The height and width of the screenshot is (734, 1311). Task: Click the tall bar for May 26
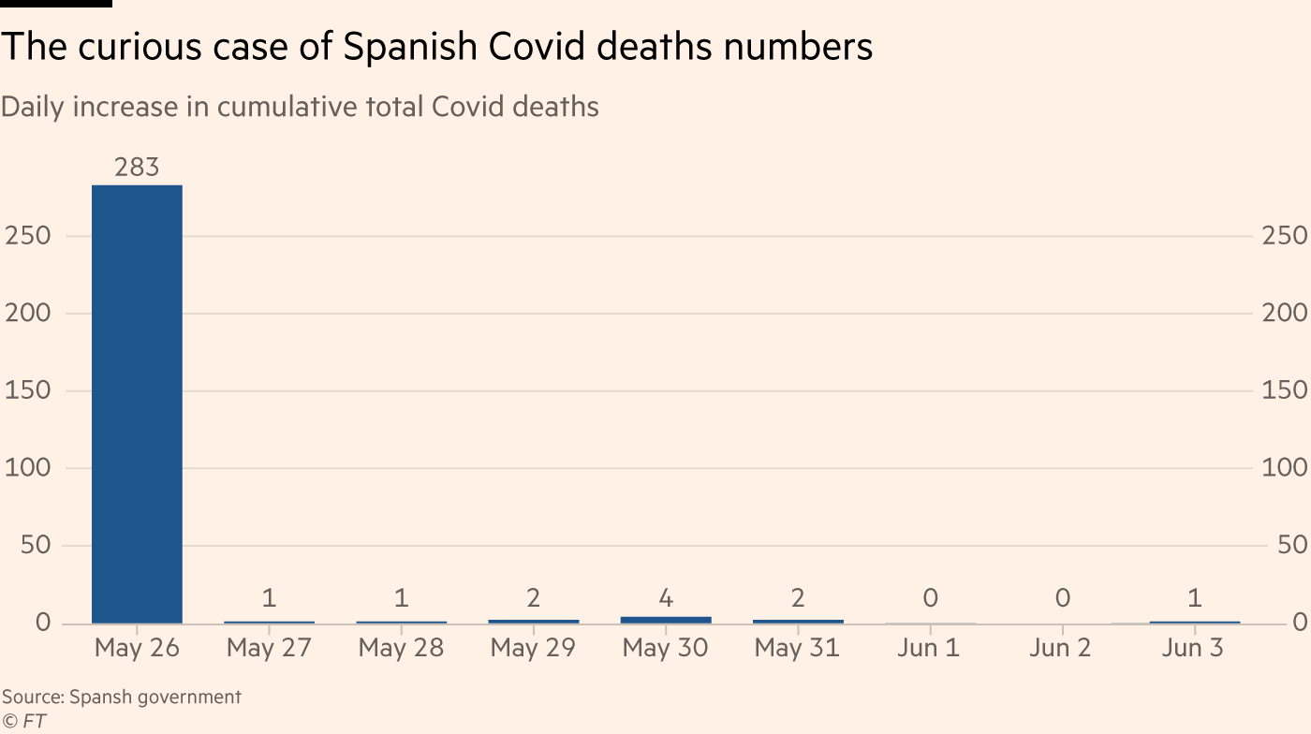(137, 404)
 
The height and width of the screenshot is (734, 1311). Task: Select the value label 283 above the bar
(137, 168)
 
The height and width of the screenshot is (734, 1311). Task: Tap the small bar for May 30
(666, 620)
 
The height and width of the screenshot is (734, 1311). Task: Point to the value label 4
(666, 597)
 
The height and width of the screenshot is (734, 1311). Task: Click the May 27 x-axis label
(269, 648)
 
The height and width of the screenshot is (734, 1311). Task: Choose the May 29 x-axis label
(533, 648)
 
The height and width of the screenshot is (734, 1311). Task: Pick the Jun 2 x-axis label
(1061, 648)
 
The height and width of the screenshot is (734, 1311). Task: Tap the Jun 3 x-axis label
(1193, 648)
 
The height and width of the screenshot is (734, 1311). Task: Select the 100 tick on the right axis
(1284, 467)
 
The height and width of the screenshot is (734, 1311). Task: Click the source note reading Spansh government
(121, 697)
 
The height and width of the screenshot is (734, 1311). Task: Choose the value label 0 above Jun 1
(929, 597)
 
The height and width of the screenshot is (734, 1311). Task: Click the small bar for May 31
(798, 621)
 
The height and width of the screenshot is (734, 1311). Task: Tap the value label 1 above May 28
(401, 597)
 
